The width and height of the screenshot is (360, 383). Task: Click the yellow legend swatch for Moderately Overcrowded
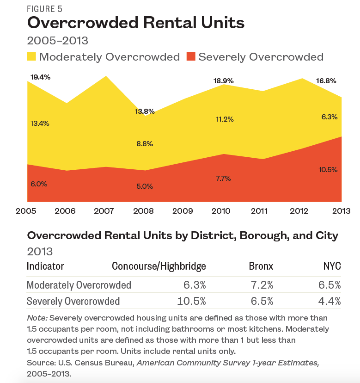pyautogui.click(x=31, y=57)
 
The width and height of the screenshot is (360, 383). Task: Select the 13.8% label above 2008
pyautogui.click(x=145, y=111)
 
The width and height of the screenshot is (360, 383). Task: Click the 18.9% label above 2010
pyautogui.click(x=223, y=80)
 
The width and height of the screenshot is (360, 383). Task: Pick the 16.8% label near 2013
pyautogui.click(x=326, y=80)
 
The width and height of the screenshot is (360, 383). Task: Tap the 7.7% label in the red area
pyautogui.click(x=223, y=178)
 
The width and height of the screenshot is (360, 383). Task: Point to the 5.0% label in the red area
pyautogui.click(x=144, y=186)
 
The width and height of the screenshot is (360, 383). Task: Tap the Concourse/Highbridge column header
pyautogui.click(x=159, y=266)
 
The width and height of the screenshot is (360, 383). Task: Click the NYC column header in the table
pyautogui.click(x=332, y=266)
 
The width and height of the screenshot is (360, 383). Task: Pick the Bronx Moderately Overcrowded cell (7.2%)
pyautogui.click(x=261, y=284)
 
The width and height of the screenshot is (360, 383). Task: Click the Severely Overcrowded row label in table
pyautogui.click(x=73, y=301)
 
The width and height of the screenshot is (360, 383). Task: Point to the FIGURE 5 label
pyautogui.click(x=45, y=9)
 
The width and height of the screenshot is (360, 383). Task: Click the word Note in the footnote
pyautogui.click(x=35, y=318)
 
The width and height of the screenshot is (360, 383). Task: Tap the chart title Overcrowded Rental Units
pyautogui.click(x=136, y=23)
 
